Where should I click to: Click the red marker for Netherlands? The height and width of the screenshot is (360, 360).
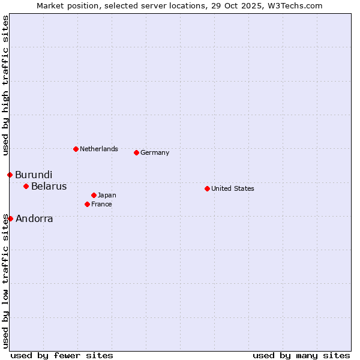tap(76, 149)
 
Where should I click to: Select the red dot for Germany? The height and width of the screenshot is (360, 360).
tap(136, 152)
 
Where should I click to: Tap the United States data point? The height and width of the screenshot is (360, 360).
tap(207, 188)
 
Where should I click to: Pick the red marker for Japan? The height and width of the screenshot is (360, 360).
tap(94, 195)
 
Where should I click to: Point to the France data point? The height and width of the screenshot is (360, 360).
tap(87, 204)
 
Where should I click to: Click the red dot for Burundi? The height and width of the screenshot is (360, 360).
tap(10, 175)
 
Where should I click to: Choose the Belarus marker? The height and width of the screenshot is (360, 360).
tap(26, 186)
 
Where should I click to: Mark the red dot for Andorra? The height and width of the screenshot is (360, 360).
tap(10, 218)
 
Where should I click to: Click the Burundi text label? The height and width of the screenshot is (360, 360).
tap(34, 175)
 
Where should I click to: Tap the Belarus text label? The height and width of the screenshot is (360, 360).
tap(49, 186)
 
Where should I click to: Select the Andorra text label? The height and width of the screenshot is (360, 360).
tap(34, 218)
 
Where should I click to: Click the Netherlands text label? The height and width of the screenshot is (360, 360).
tap(99, 149)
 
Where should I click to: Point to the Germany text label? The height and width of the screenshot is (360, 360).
tap(155, 152)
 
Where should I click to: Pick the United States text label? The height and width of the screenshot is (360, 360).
tap(233, 188)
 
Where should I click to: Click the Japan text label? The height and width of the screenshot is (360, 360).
tap(107, 195)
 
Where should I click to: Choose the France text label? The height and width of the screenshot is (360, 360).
tap(101, 204)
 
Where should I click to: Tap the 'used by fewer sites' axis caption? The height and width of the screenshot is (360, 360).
tap(62, 355)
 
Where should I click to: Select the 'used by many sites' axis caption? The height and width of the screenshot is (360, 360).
tap(301, 355)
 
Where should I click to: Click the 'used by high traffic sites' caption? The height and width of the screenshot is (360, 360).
tap(5, 86)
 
